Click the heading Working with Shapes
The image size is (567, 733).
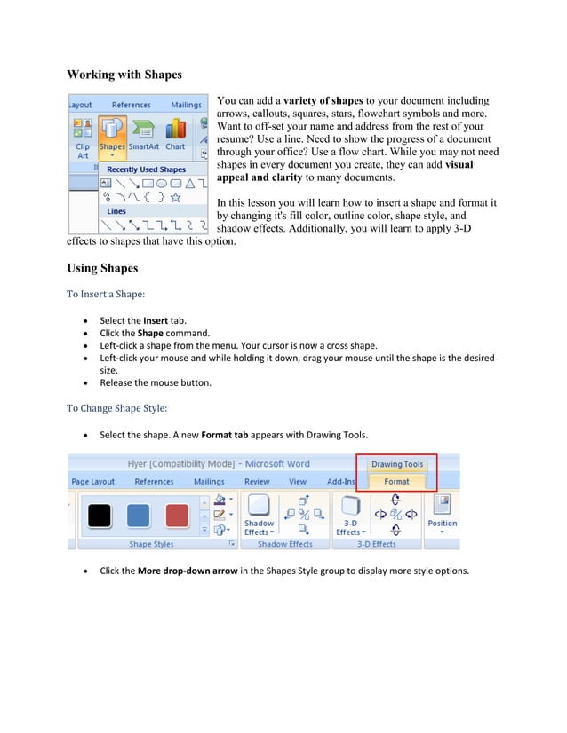tap(124, 75)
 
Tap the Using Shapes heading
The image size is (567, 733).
tap(102, 268)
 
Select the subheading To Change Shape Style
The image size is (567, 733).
tap(116, 408)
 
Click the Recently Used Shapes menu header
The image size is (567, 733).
tap(146, 169)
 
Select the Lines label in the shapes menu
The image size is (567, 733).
tap(116, 211)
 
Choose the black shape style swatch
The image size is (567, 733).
tap(99, 515)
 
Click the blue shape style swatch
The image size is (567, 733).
tap(138, 515)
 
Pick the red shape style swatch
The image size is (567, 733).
tap(177, 515)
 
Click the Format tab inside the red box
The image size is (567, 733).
tap(396, 481)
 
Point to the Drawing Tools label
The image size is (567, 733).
tap(397, 464)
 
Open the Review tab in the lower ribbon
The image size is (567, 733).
tap(257, 481)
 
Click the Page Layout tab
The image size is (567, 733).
tap(92, 481)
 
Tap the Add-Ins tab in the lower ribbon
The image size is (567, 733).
tap(340, 481)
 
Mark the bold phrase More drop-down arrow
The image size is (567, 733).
tap(188, 571)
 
